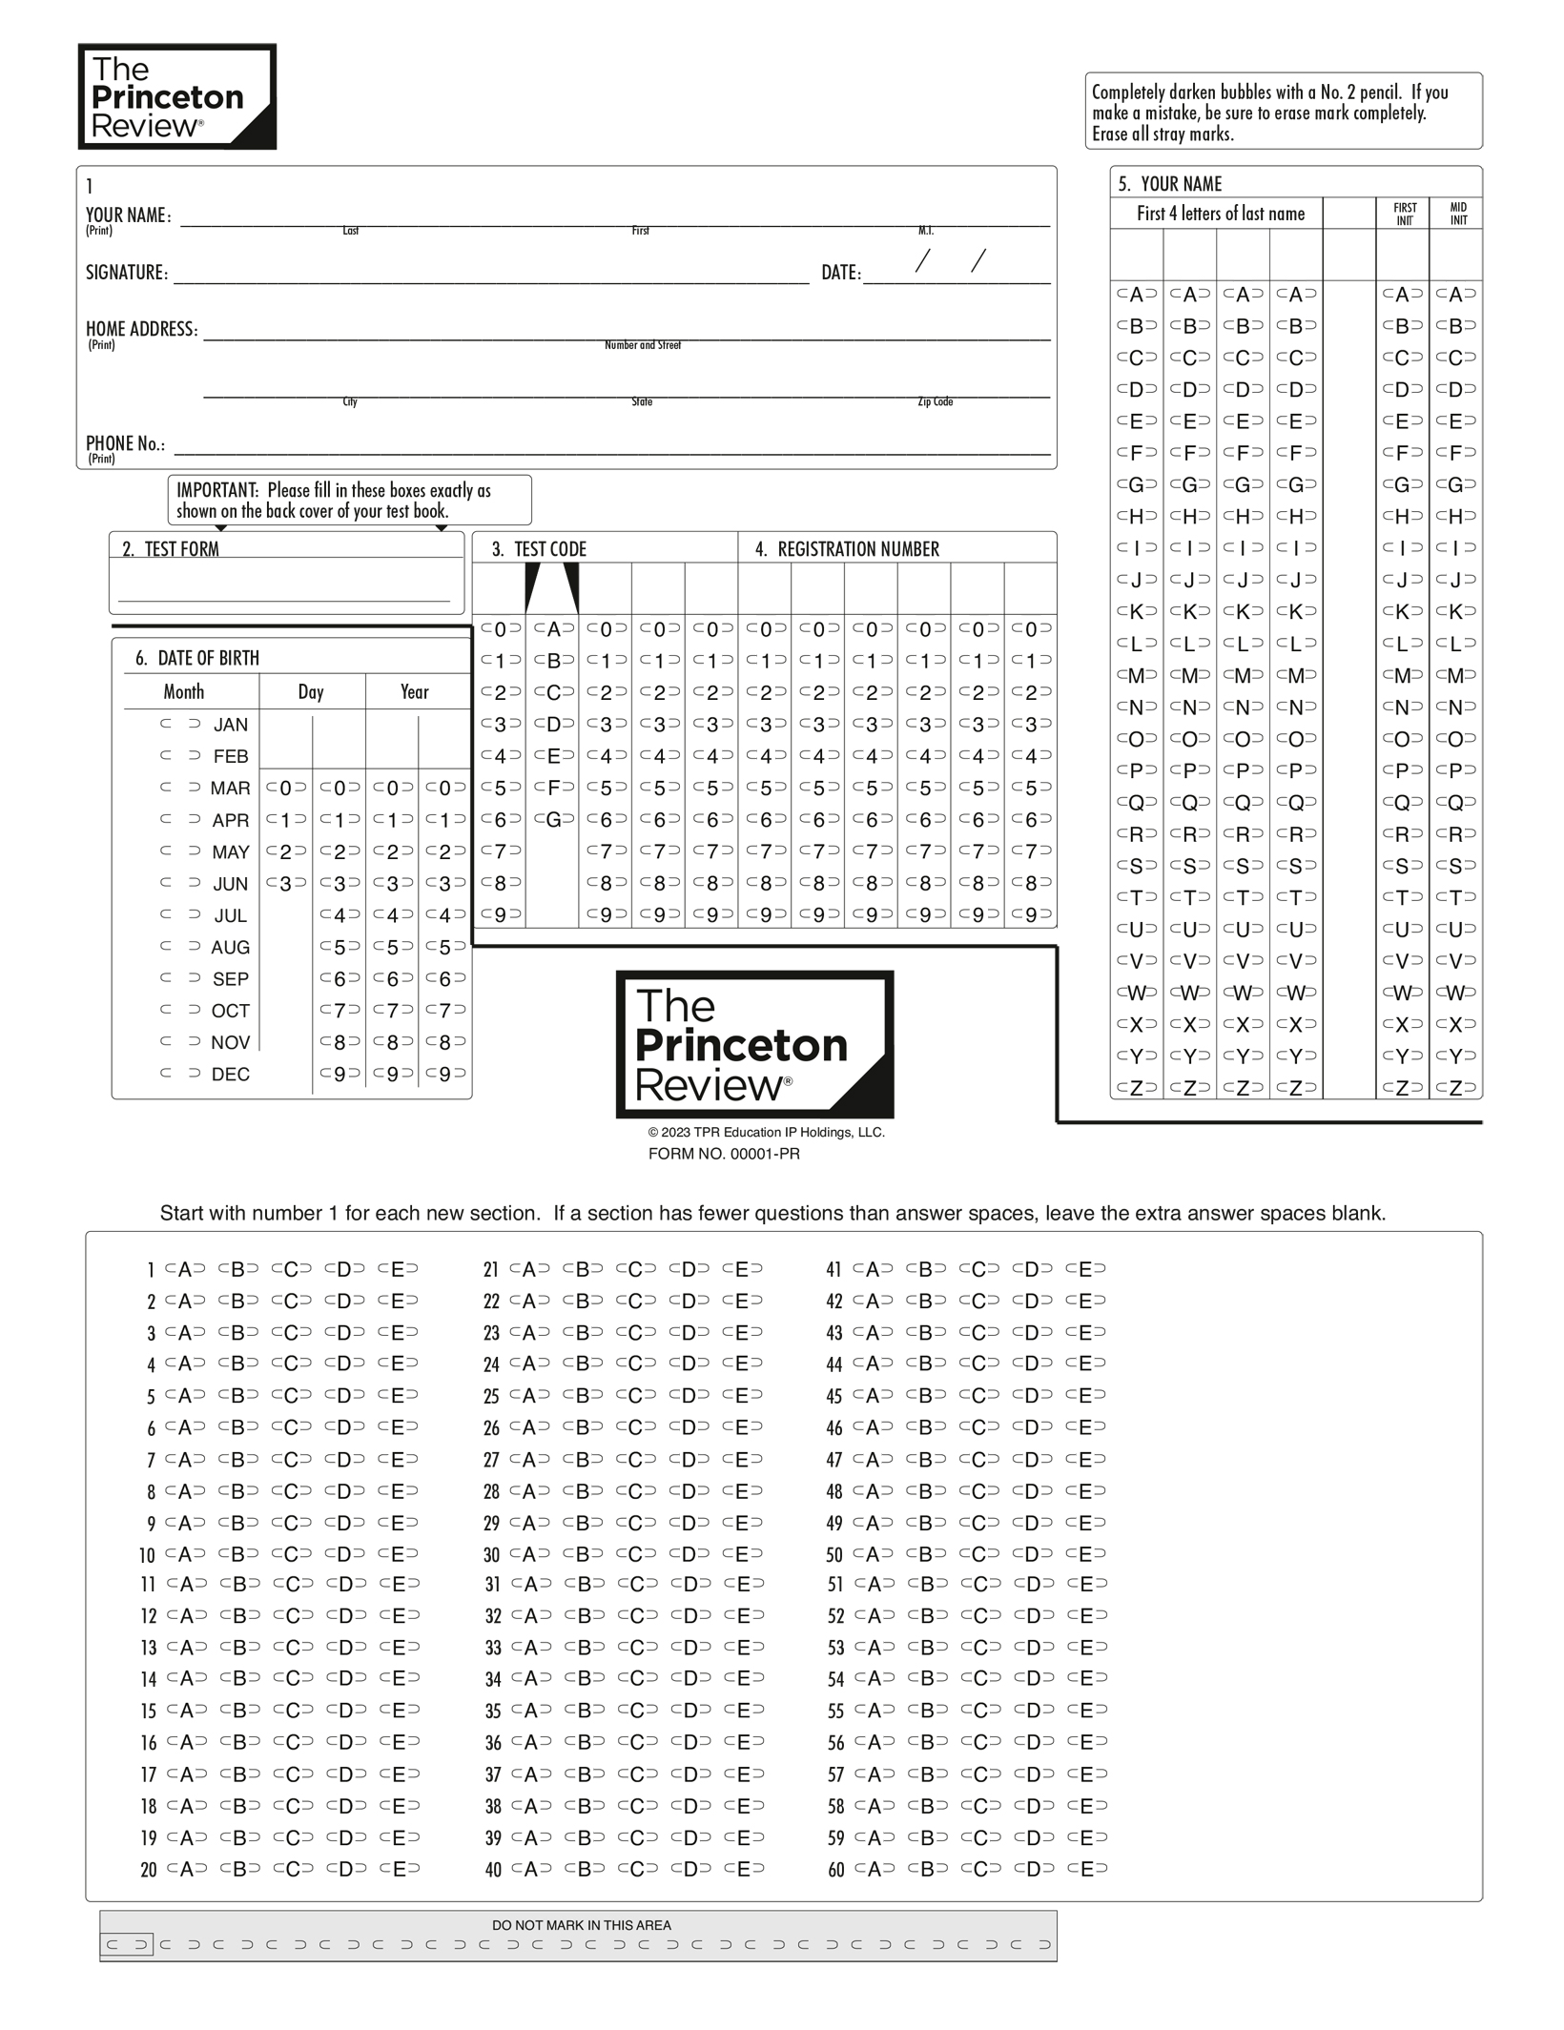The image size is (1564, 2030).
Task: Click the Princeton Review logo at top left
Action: point(177,96)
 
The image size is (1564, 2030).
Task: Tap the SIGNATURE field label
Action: point(127,273)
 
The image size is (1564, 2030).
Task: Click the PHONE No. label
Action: point(125,443)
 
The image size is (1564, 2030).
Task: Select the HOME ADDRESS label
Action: point(142,329)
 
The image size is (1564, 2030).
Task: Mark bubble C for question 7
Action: point(292,1460)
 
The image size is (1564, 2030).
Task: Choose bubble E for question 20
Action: point(400,1870)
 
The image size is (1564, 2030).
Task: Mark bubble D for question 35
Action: point(690,1711)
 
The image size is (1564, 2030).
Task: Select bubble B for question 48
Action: point(925,1491)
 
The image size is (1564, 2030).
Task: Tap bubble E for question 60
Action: point(1087,1870)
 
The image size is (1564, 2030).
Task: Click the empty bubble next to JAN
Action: point(180,725)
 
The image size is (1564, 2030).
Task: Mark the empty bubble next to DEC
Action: point(180,1074)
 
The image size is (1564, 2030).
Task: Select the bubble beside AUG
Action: point(180,947)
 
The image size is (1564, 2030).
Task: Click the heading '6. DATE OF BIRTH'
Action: point(197,658)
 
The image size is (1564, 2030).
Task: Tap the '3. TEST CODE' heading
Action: point(540,549)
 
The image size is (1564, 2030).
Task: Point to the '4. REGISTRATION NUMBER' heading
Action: point(848,549)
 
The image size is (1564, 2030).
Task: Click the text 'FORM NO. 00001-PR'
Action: point(724,1154)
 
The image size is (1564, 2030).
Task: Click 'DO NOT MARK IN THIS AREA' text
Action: point(581,1925)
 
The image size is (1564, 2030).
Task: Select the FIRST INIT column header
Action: point(1405,214)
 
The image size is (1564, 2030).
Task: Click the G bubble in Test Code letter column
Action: point(553,819)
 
